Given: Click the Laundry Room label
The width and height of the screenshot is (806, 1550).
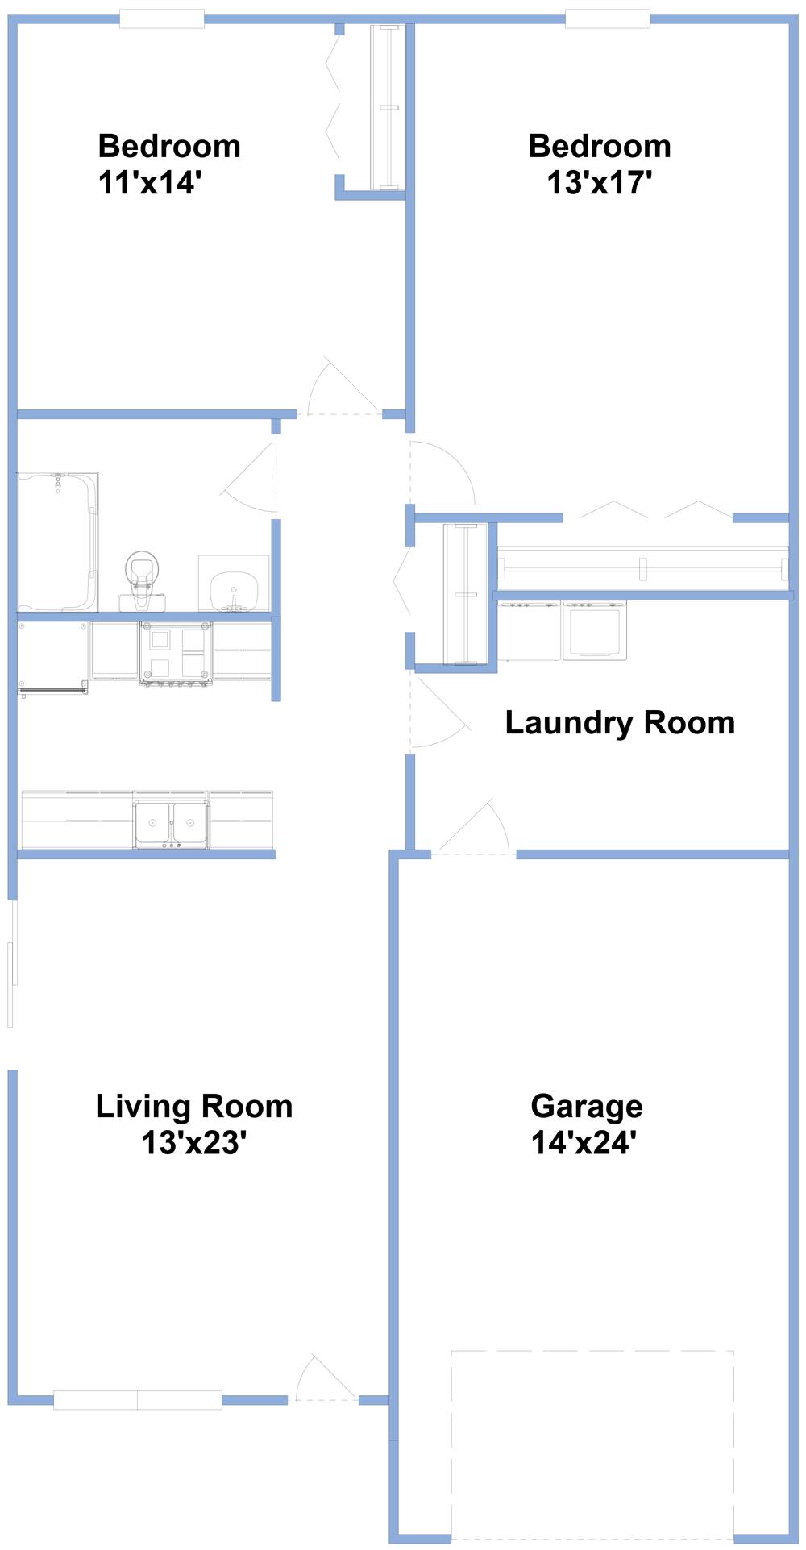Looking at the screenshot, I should (x=619, y=723).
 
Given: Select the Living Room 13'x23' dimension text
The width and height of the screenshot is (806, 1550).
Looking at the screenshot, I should (x=193, y=1143).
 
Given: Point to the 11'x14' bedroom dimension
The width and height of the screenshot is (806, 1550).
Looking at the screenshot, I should (x=149, y=183).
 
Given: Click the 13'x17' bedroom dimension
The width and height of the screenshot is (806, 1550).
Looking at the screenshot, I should (x=599, y=183).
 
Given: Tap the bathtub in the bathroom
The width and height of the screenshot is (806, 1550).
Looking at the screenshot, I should (x=58, y=542).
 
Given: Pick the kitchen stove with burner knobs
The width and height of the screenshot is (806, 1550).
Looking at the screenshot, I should (x=176, y=653).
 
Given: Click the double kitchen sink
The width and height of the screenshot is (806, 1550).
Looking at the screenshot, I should (x=171, y=825).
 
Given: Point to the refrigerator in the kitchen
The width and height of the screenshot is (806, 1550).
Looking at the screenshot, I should (x=53, y=657).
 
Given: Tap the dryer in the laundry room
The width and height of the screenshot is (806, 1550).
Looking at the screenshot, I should (x=595, y=630).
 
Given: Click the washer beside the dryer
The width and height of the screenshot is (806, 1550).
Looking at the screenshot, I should (x=529, y=630).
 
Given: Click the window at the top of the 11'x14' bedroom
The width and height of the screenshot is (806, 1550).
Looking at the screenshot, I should (x=162, y=19).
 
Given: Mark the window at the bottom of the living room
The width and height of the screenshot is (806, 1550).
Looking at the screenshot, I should (x=138, y=1400).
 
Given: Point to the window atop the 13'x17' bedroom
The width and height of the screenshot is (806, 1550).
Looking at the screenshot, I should (x=608, y=19).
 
